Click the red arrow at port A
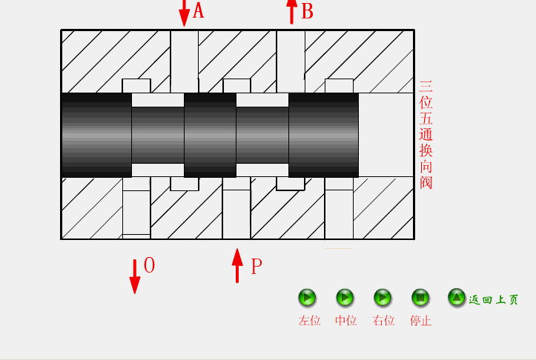(x=184, y=12)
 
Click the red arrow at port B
(x=291, y=11)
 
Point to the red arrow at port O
(x=134, y=276)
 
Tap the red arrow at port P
(x=237, y=266)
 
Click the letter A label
(x=198, y=11)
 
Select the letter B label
(x=308, y=12)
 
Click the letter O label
(x=149, y=266)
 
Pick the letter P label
(x=257, y=267)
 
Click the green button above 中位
(x=345, y=298)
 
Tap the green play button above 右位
(x=383, y=298)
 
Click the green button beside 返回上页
(x=457, y=298)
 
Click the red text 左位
(x=309, y=321)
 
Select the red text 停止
(x=420, y=321)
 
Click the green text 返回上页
(x=494, y=300)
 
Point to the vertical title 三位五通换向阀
(x=426, y=135)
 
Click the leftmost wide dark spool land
(x=96, y=135)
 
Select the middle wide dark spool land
(x=210, y=135)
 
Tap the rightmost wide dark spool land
(x=323, y=135)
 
